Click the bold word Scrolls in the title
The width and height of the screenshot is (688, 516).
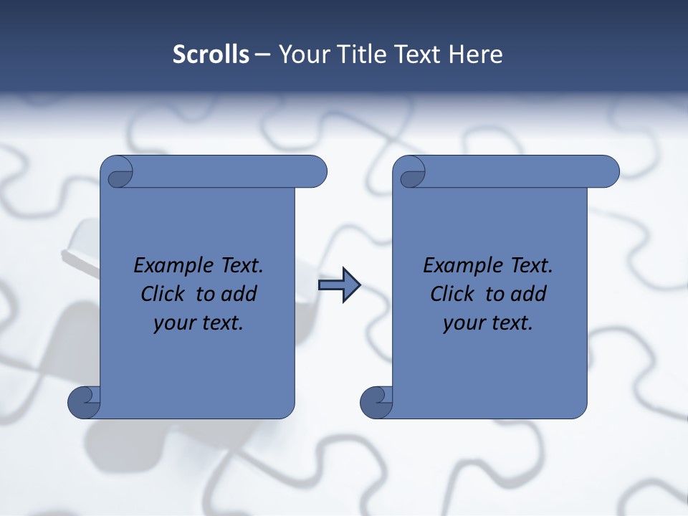coord(211,54)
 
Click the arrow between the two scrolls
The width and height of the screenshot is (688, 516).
coord(339,285)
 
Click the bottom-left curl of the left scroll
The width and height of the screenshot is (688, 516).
coord(84,403)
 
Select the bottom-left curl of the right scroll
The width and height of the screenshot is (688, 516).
coord(376,403)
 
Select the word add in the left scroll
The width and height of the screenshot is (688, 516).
coord(240,294)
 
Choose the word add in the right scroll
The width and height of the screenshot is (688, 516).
coord(530,294)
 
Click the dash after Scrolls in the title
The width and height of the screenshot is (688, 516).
coord(262,54)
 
